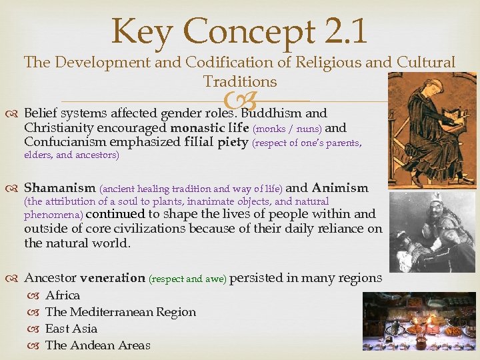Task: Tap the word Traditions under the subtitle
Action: [x=240, y=82]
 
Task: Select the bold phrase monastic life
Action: [x=210, y=128]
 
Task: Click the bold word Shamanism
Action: [x=60, y=188]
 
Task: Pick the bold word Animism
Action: [x=340, y=188]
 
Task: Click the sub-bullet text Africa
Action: [x=63, y=295]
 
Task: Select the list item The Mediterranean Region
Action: [x=121, y=312]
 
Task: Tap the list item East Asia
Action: [x=71, y=329]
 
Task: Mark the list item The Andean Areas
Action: [x=98, y=345]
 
